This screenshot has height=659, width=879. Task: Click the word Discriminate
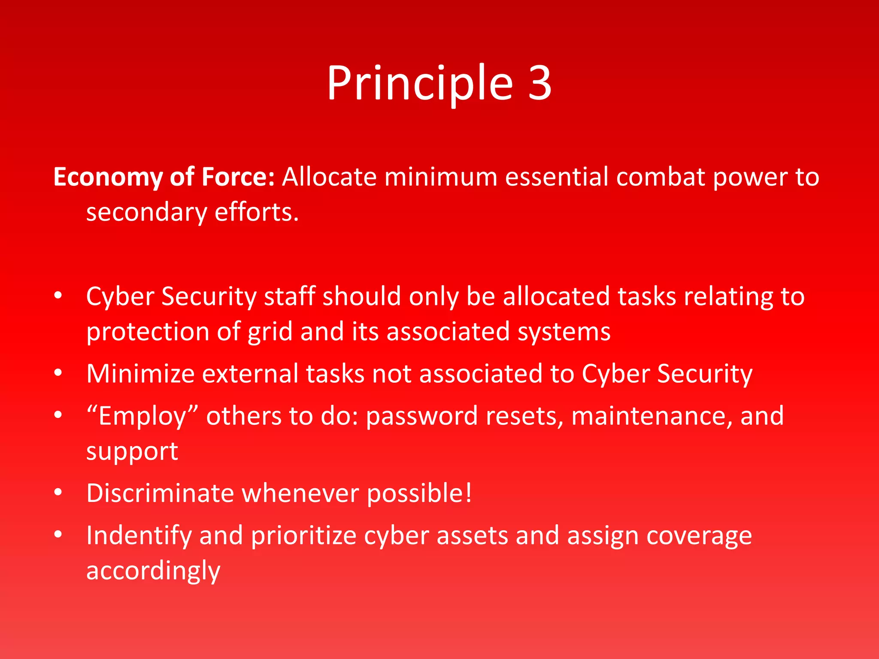160,493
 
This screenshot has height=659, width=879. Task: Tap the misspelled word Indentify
139,536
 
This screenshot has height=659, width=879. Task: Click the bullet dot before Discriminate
58,493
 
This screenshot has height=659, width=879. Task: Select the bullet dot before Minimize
58,373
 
